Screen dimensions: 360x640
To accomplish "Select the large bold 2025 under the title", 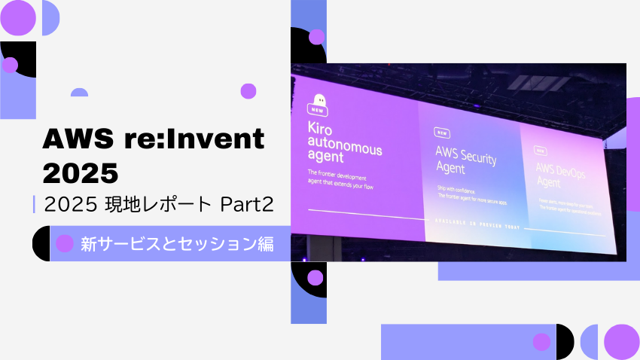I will coord(81,172).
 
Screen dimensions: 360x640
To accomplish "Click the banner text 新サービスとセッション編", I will coord(176,243).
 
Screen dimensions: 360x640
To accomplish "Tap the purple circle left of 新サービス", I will coord(66,243).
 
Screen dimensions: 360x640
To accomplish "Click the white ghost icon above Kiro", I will coord(321,100).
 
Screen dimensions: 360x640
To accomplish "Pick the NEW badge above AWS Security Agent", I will coord(442,133).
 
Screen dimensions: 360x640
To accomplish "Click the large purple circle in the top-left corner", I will coord(18,18).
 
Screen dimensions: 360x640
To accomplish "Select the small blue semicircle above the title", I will coord(79,93).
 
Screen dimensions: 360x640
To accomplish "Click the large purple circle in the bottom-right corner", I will coord(621,342).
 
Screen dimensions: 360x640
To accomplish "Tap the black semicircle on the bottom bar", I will coord(564,342).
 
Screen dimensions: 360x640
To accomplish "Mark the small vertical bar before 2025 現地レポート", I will coord(35,204).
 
